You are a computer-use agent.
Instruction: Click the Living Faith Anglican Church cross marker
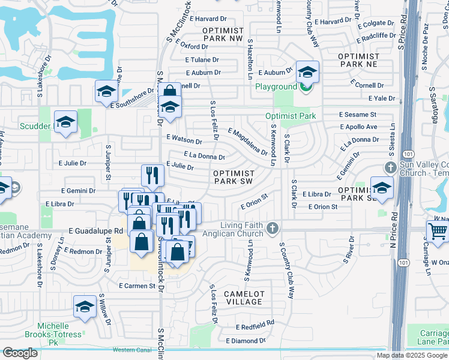[273, 228]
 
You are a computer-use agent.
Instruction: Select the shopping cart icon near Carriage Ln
[437, 231]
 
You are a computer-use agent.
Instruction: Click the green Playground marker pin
[306, 87]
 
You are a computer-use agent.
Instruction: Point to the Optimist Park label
[291, 116]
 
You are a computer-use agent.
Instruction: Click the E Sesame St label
[357, 114]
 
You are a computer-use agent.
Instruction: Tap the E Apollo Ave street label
[358, 127]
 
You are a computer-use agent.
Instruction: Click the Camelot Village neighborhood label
[244, 298]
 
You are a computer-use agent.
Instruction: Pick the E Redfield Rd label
[255, 326]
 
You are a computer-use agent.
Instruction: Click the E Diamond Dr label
[246, 341]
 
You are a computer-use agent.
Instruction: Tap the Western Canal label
[134, 350]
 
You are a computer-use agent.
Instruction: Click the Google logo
[20, 353]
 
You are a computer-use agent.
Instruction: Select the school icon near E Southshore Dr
[106, 91]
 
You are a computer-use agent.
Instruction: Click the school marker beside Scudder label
[65, 122]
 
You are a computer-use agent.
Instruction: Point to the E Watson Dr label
[185, 140]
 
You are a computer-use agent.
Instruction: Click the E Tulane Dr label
[202, 59]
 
